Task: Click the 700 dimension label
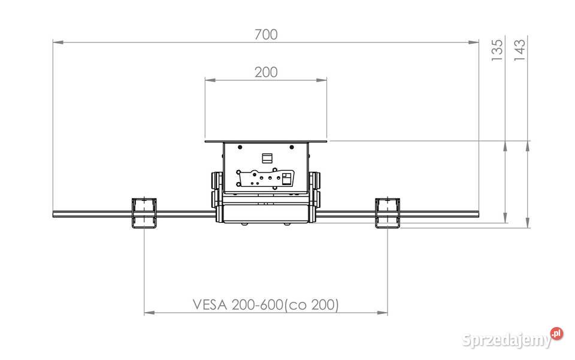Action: (266, 35)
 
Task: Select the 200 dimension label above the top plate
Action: (266, 72)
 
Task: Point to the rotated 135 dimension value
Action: (497, 50)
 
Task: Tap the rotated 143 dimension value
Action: (519, 50)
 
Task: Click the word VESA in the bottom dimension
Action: (210, 305)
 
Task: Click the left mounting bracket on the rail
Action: (144, 213)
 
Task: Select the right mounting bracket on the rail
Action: (388, 213)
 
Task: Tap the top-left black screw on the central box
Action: (240, 147)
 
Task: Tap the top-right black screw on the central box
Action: (292, 147)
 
